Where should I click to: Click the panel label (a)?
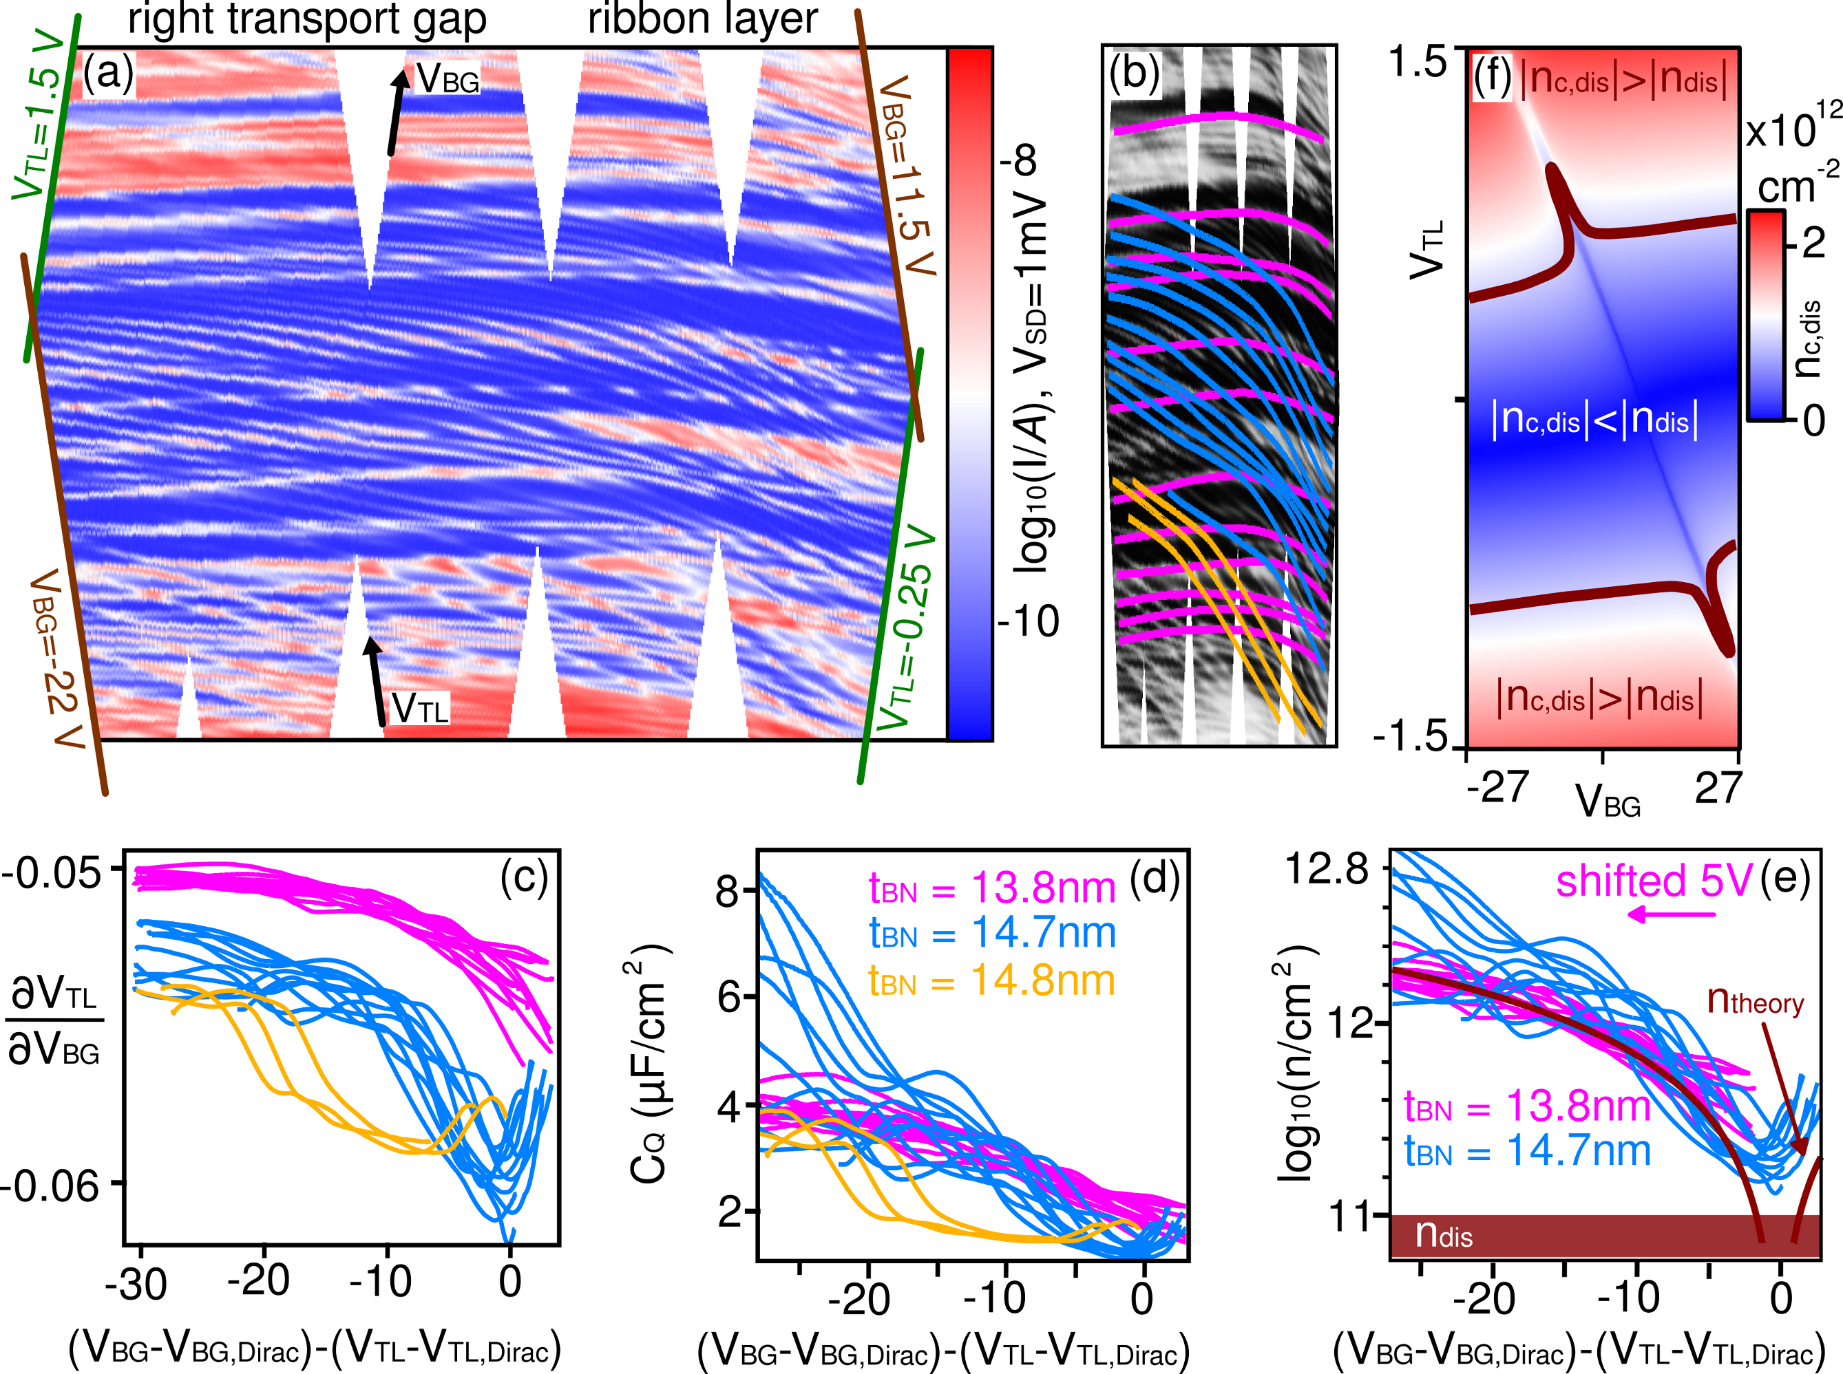(108, 75)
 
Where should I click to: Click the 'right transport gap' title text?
(307, 20)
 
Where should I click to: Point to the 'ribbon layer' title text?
(702, 19)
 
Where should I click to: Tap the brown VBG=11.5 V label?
(909, 175)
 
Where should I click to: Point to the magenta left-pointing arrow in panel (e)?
(1671, 916)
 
